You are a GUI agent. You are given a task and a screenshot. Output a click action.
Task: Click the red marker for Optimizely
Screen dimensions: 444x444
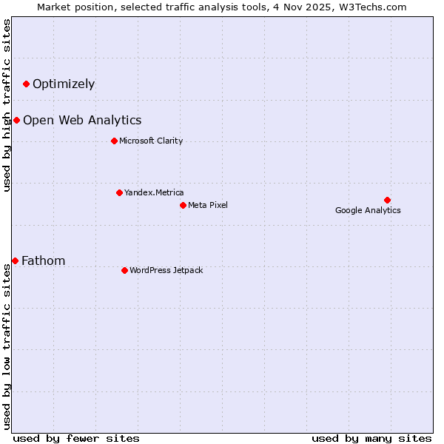(x=26, y=84)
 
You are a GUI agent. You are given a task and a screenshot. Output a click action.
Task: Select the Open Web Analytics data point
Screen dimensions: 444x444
(x=16, y=120)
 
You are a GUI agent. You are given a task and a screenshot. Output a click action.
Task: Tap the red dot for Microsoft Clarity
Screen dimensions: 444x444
(x=114, y=141)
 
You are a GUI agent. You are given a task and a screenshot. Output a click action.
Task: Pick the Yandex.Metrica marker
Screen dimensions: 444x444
(x=119, y=192)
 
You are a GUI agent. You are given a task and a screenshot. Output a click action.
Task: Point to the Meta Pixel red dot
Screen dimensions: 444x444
(x=183, y=205)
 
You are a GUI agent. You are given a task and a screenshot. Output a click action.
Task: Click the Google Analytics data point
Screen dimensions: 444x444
(x=387, y=200)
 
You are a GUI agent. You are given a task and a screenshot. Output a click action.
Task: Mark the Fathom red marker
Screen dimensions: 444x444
(x=15, y=260)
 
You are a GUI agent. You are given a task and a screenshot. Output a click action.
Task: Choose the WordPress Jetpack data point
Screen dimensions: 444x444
(x=124, y=270)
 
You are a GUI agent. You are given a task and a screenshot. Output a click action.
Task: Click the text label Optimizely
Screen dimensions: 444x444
(x=64, y=84)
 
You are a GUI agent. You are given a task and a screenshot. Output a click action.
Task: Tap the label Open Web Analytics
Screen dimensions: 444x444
(x=82, y=121)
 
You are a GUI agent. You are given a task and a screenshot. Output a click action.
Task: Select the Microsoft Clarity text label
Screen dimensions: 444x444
(x=151, y=141)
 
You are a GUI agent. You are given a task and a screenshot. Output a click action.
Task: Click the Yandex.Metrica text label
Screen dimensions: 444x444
(x=154, y=193)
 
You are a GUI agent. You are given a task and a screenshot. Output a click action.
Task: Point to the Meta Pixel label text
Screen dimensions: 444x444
(x=208, y=206)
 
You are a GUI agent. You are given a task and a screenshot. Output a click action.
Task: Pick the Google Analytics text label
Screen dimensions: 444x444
(x=368, y=211)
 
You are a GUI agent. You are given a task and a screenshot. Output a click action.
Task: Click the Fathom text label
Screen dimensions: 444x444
(x=44, y=261)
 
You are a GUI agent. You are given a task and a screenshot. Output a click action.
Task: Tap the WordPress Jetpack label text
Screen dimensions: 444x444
(x=166, y=271)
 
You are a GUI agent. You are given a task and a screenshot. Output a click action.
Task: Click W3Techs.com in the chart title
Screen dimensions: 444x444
(x=375, y=7)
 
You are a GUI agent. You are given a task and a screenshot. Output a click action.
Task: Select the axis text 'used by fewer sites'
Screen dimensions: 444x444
(x=76, y=438)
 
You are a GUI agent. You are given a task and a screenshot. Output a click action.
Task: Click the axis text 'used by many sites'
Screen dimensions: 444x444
(x=371, y=438)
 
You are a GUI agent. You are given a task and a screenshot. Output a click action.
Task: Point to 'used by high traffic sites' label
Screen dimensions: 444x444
(x=7, y=105)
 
